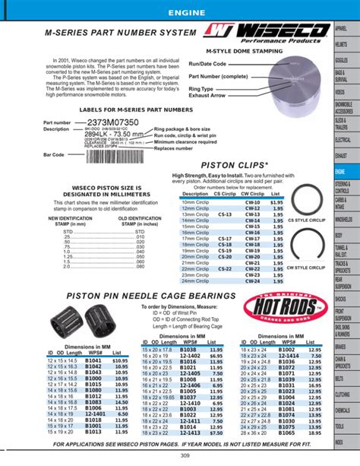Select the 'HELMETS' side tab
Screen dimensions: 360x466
point(343,44)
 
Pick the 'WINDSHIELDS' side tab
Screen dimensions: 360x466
point(343,220)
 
